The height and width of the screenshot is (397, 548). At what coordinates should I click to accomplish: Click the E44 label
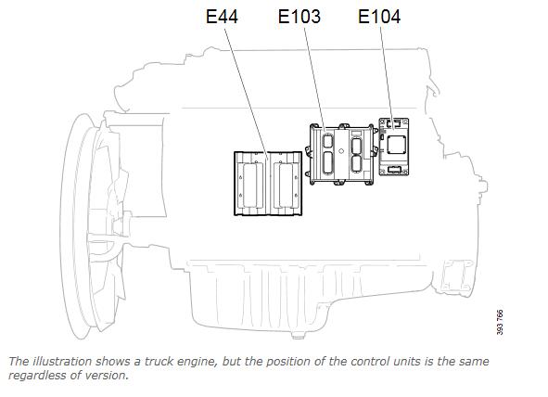222,17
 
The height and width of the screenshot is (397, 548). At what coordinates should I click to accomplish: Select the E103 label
299,17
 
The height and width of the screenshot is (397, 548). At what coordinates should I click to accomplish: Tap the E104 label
379,17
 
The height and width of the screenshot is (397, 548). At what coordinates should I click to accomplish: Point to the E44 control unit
268,184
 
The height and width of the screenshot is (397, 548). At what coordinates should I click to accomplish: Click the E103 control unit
341,154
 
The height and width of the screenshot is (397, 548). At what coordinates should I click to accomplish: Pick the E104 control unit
394,147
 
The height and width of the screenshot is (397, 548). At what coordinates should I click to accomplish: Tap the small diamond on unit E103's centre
341,151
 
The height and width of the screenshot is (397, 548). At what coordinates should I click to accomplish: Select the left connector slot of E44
249,185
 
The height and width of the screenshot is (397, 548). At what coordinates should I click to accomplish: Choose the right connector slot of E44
286,185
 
